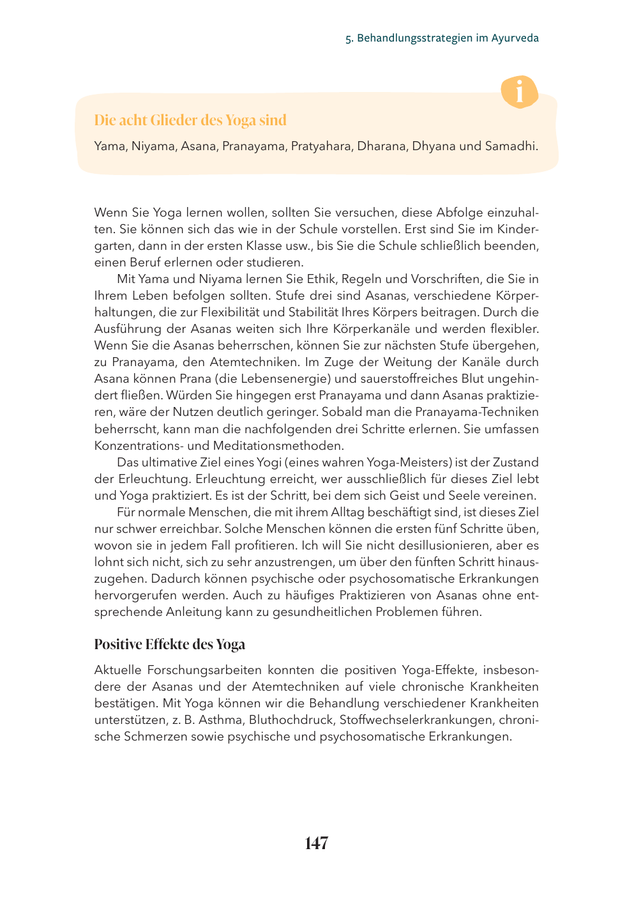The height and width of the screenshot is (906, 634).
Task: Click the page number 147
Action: coord(317,843)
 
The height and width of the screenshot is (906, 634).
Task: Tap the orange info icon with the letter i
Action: coord(519,92)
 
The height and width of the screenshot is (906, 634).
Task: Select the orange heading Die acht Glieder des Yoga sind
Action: coord(190,120)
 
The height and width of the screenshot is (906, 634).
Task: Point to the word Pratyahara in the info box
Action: coord(321,146)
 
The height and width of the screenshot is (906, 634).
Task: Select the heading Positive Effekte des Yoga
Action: coord(170,644)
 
